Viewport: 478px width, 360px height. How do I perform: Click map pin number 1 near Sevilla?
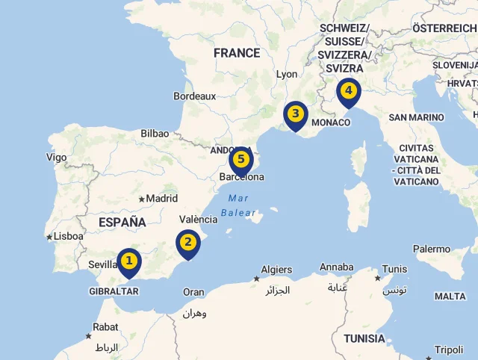(129, 261)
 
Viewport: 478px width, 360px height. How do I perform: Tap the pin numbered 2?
(187, 242)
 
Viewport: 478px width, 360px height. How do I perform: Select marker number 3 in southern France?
(296, 114)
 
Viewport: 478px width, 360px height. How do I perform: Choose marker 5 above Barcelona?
(240, 159)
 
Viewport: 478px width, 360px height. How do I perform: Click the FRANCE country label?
(237, 53)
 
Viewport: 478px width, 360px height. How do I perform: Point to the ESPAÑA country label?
(122, 222)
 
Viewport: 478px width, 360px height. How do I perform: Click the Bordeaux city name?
(194, 96)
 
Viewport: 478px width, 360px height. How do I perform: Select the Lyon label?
(287, 75)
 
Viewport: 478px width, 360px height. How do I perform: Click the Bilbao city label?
(155, 134)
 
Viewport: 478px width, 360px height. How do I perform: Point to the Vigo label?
(56, 158)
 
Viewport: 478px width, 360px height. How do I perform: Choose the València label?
(199, 220)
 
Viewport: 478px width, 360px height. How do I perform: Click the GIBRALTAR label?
(114, 291)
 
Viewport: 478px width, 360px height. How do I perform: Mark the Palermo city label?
(432, 249)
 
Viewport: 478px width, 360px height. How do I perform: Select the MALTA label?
(450, 297)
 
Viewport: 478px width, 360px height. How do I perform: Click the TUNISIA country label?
(364, 338)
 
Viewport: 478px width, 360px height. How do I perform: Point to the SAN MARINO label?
(416, 117)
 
